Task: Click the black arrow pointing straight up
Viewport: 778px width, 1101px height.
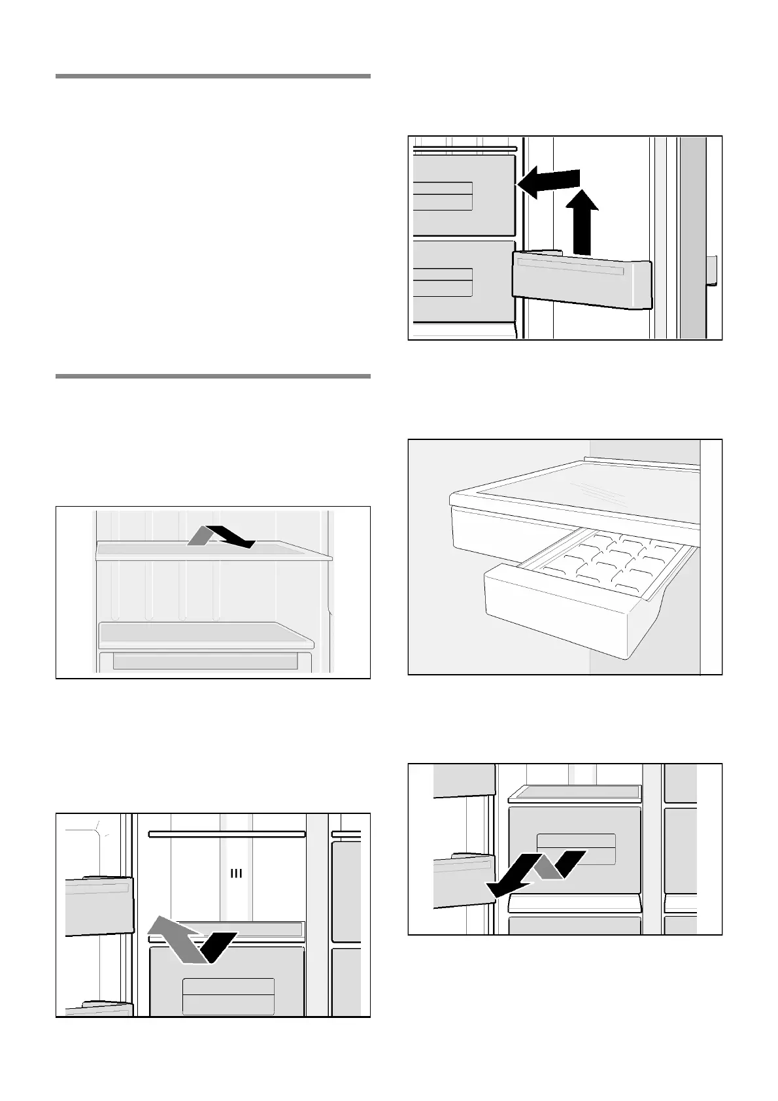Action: pos(581,222)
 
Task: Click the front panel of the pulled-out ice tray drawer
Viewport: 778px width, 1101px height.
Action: pos(556,615)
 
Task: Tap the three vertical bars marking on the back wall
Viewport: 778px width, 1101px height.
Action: pos(236,873)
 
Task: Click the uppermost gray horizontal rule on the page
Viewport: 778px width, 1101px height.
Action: pos(212,76)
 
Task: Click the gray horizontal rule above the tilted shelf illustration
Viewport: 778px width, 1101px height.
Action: pos(212,377)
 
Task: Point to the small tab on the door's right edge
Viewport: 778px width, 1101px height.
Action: pos(711,271)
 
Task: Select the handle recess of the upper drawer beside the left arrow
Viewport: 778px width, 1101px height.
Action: pos(443,196)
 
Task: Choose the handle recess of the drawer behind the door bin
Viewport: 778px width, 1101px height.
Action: pos(443,282)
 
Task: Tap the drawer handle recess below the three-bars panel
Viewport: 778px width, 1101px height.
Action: pos(228,996)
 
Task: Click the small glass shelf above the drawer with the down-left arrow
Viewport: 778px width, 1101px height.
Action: pos(574,792)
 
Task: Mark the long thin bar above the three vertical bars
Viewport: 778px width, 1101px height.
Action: pos(227,834)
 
